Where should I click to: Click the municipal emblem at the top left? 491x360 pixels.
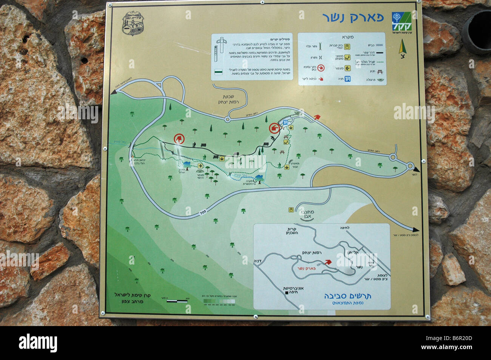[x=131, y=23]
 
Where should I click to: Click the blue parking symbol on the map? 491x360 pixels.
[x=286, y=122]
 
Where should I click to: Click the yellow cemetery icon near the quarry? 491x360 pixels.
[x=291, y=209]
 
